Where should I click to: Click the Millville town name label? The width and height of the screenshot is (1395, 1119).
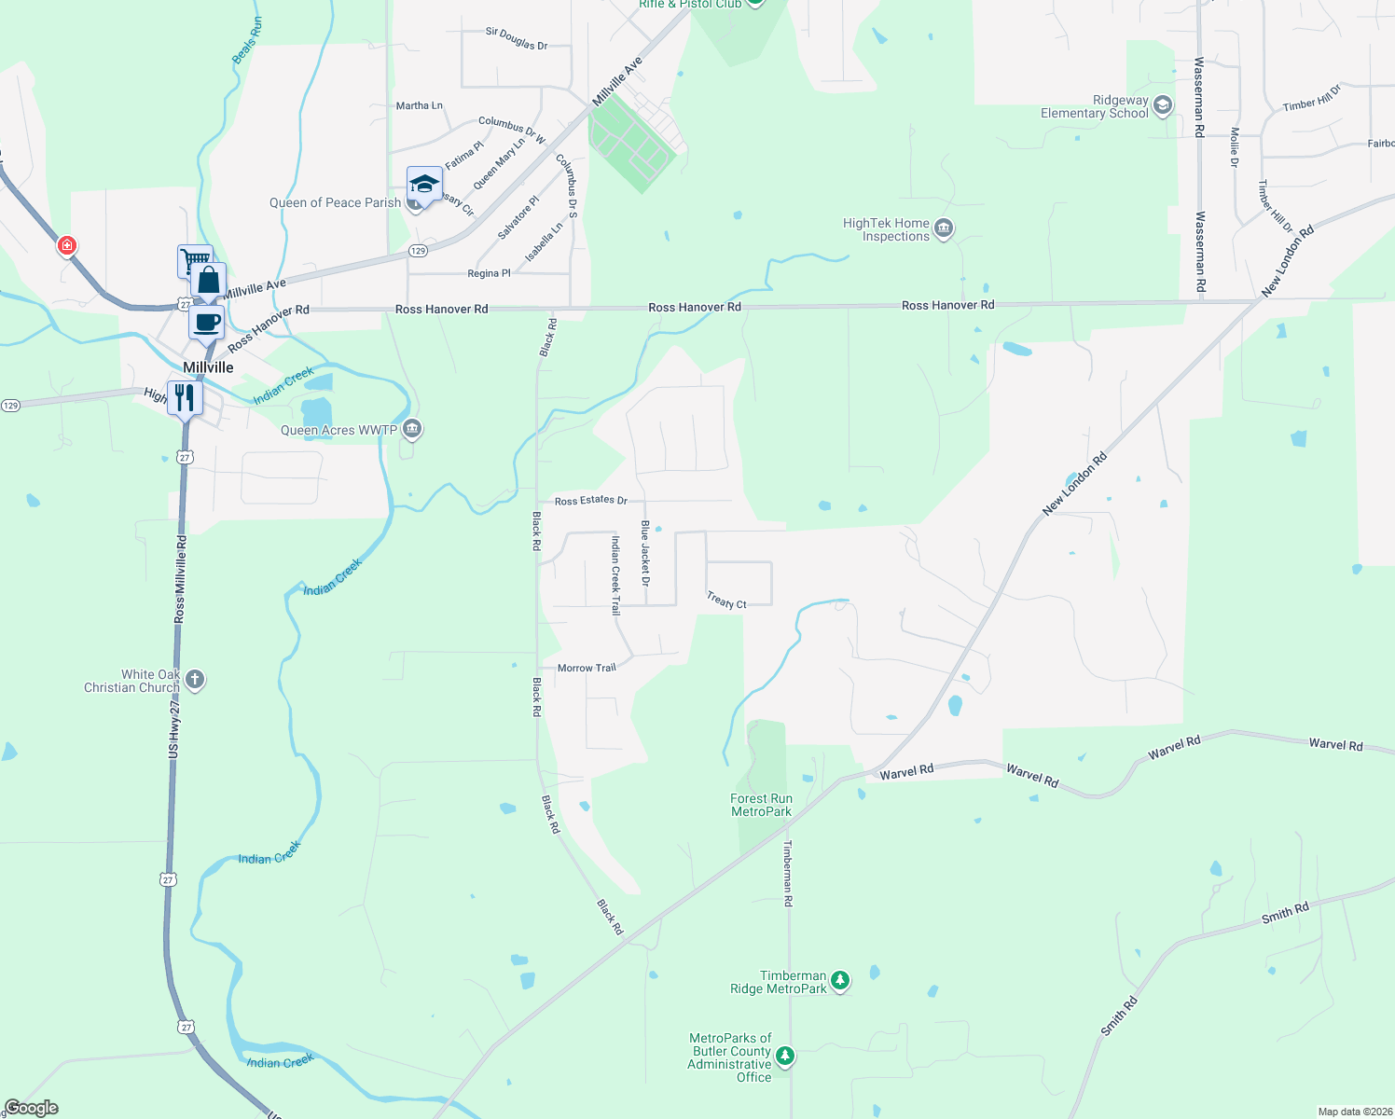208,367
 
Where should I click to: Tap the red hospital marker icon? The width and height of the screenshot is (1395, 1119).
66,245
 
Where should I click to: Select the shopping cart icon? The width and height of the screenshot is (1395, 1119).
194,259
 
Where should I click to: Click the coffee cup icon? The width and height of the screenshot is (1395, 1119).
207,322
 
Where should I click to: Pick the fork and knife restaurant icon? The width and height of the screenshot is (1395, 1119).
185,397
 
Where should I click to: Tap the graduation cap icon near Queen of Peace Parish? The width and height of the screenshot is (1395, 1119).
424,183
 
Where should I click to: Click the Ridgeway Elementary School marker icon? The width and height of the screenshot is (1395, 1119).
1162,105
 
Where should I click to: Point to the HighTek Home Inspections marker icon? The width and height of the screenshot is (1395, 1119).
944,228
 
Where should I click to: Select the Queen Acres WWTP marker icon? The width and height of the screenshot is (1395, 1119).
412,429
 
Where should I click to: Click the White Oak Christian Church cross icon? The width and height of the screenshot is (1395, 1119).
195,679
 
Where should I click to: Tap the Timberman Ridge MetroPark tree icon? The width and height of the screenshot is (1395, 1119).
840,980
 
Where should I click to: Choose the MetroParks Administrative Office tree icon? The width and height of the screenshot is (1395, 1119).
785,1056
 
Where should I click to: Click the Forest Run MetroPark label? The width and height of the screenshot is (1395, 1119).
761,805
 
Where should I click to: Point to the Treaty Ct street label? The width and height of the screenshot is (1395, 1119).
726,601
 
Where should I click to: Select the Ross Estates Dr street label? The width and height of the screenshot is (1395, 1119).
590,501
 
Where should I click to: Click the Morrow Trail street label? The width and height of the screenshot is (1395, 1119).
587,668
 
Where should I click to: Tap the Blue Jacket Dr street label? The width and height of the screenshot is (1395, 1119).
644,553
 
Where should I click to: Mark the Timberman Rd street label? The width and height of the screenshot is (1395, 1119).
788,873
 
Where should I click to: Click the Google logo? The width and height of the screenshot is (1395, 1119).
32,1108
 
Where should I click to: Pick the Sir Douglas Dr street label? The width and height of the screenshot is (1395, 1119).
517,38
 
